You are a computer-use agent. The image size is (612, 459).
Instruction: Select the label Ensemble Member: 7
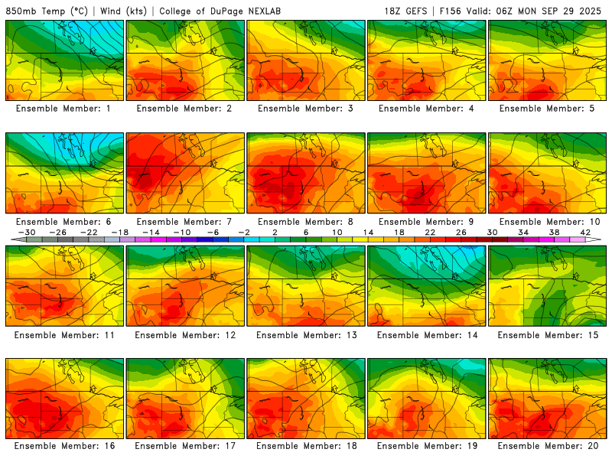click(x=185, y=222)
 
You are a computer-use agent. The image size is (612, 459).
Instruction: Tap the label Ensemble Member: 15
click(x=548, y=334)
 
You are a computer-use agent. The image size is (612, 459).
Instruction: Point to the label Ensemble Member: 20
click(x=548, y=446)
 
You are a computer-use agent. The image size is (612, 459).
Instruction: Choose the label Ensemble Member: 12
click(x=185, y=334)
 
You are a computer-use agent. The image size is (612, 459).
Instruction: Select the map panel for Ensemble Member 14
click(x=427, y=286)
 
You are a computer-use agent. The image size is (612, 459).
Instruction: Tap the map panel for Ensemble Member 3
click(x=306, y=60)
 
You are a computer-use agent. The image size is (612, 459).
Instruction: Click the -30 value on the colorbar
click(x=27, y=232)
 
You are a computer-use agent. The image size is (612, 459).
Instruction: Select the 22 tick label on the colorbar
click(x=430, y=232)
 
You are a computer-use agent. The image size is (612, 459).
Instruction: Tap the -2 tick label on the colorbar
click(x=244, y=232)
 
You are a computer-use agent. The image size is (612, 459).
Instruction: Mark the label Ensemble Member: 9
click(x=427, y=222)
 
